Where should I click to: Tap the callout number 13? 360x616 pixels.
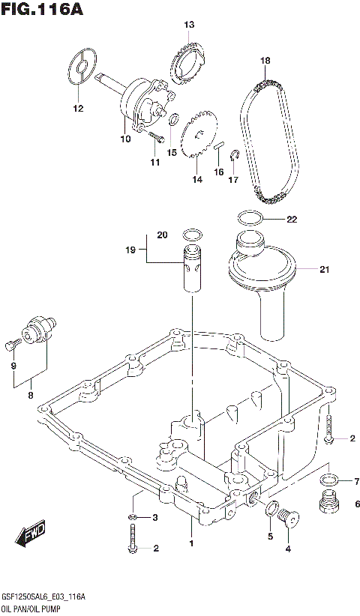[190, 25]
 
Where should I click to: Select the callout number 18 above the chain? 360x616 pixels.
[265, 60]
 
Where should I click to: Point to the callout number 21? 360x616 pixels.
[324, 270]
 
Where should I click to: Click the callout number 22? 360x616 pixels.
[292, 220]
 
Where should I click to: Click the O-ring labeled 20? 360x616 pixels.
[192, 234]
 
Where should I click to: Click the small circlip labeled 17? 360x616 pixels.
[234, 156]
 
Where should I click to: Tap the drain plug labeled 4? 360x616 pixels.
[289, 516]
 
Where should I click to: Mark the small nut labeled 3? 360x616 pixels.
[132, 518]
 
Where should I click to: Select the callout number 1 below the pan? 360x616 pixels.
[190, 543]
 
